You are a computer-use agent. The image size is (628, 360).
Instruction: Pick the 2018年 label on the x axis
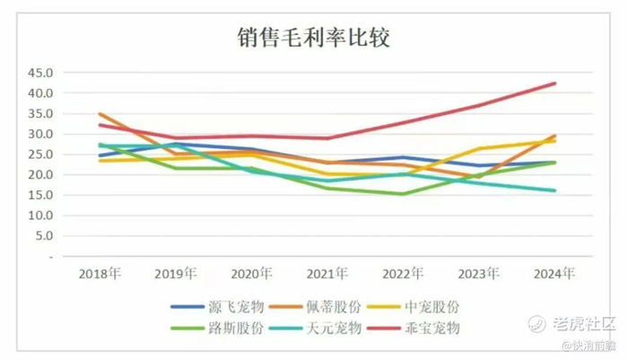100,273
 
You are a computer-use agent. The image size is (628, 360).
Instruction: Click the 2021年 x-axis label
327,273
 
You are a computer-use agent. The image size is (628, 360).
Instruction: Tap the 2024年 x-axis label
554,273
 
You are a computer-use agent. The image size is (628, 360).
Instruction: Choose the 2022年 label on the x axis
403,273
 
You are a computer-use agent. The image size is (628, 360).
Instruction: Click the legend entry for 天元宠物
345,329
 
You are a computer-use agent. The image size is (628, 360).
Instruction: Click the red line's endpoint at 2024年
555,83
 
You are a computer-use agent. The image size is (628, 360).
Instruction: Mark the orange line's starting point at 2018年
100,114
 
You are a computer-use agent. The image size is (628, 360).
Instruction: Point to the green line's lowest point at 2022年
403,194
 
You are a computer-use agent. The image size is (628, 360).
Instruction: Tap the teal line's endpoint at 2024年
555,190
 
